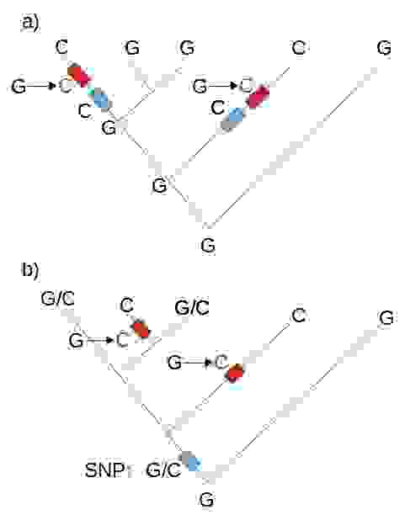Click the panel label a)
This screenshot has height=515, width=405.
30,24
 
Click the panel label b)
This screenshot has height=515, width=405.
30,270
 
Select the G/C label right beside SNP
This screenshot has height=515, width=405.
163,470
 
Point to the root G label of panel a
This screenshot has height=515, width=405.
208,246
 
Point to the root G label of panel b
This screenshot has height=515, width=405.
207,500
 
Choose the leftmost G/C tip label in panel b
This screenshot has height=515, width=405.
57,299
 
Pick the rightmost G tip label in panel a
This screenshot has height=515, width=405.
384,48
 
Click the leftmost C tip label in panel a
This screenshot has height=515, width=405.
61,47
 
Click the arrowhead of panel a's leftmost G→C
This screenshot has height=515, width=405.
51,86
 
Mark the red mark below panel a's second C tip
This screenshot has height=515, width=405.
258,96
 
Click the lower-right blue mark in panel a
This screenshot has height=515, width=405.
233,119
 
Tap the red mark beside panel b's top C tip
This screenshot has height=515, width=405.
141,328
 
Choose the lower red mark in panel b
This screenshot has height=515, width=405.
236,373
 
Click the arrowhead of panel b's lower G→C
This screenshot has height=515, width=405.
208,363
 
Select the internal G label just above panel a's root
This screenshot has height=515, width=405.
159,186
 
